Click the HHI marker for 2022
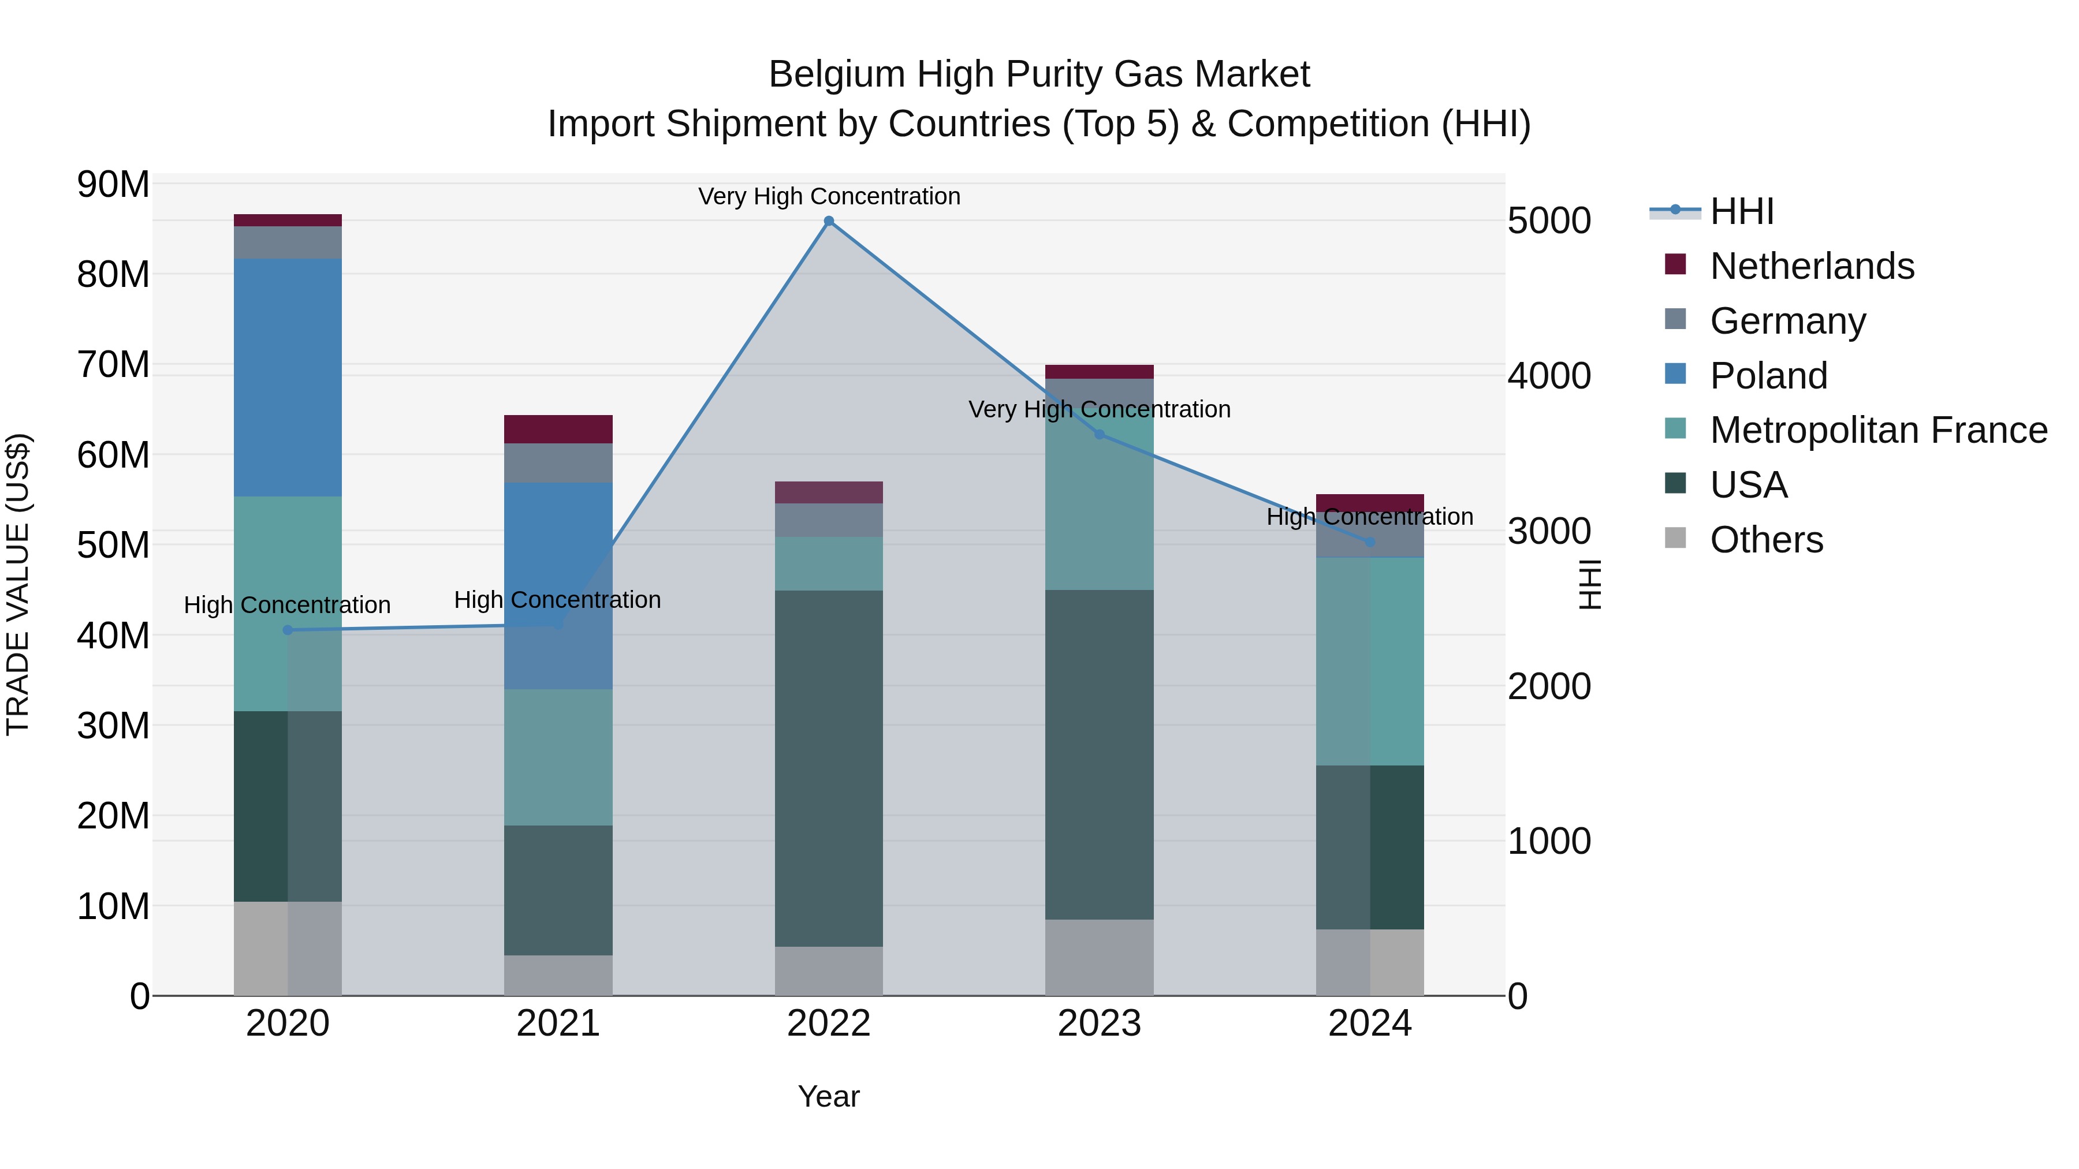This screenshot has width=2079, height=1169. [829, 221]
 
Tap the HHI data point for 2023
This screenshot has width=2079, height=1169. [1099, 435]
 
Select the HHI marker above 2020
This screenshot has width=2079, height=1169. [288, 630]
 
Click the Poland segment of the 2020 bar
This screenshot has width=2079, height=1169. [288, 378]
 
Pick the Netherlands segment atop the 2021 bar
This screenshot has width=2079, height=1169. [558, 429]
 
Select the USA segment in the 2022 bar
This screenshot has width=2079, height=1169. [829, 768]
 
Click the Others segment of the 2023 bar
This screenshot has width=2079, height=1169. [1099, 958]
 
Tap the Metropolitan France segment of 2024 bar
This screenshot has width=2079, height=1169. [1370, 662]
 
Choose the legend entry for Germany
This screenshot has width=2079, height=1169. [1787, 321]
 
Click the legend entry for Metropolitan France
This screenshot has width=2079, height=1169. [1878, 431]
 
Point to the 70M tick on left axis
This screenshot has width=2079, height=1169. [113, 365]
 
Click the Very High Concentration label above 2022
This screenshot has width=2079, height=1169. [829, 197]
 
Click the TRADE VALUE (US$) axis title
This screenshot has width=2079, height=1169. [18, 584]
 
